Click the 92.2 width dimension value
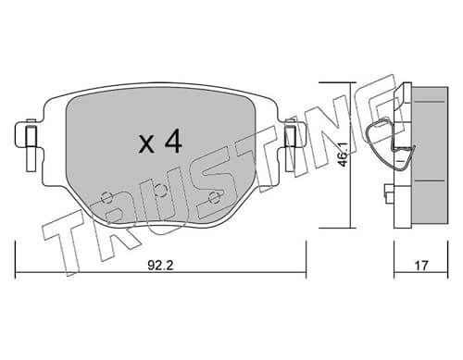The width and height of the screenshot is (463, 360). [160, 266]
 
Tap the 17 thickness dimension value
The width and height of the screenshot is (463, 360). [421, 266]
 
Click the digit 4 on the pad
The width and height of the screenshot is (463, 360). [173, 141]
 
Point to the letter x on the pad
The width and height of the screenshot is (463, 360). [146, 144]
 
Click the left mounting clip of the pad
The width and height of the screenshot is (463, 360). [31, 144]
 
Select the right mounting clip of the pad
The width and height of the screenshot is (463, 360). [291, 144]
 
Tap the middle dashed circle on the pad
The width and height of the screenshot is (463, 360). [160, 190]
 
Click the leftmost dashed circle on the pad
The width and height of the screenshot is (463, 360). [106, 197]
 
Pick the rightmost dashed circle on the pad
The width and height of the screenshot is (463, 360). [214, 197]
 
